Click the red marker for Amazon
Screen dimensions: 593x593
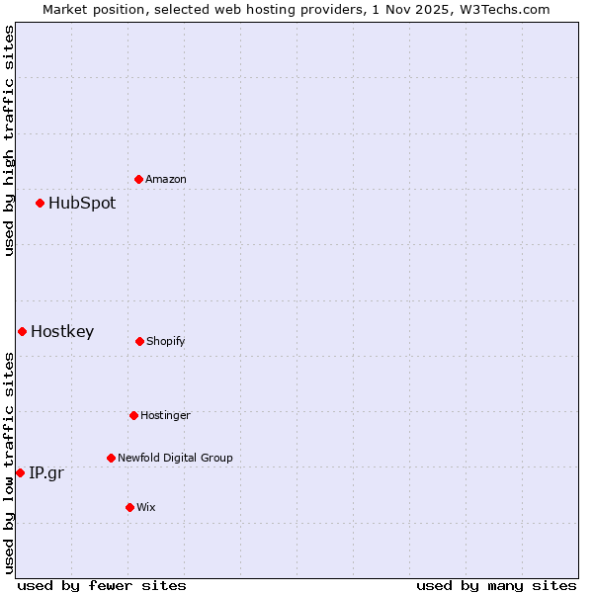point(138,179)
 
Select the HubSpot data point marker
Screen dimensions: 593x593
point(40,203)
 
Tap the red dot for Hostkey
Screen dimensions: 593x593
point(22,331)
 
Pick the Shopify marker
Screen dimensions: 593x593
point(139,341)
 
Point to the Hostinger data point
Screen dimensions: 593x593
point(133,415)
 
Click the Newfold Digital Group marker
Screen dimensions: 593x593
point(111,458)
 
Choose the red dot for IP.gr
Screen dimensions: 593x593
point(20,472)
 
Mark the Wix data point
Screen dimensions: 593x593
point(129,507)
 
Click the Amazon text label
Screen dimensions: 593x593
point(166,179)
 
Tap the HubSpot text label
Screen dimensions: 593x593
point(82,203)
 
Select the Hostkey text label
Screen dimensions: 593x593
point(62,331)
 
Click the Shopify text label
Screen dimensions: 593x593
point(166,341)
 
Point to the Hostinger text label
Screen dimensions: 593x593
point(165,415)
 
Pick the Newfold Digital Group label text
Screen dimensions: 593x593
point(175,458)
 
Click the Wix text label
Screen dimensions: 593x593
point(146,507)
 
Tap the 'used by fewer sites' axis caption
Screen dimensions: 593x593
point(102,585)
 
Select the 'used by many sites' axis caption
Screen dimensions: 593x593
point(496,585)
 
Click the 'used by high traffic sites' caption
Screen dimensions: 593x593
point(9,140)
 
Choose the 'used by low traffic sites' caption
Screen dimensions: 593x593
point(9,462)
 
